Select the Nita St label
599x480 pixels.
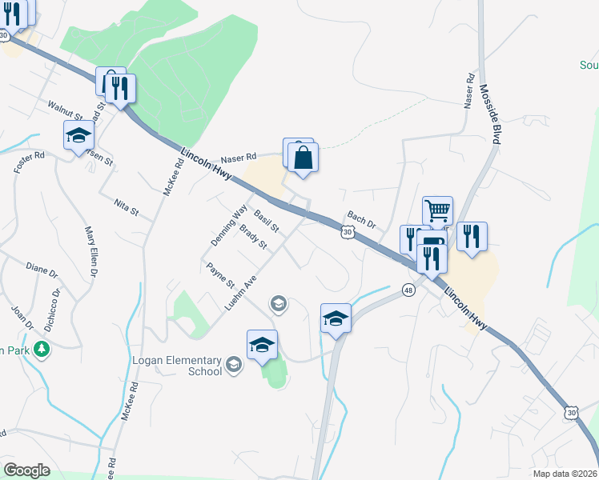click(x=127, y=207)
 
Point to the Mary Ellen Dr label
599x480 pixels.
click(x=90, y=251)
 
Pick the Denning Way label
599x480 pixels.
click(x=228, y=225)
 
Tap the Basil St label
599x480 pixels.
click(x=266, y=222)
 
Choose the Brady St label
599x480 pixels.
click(x=252, y=238)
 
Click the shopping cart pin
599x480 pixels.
click(x=437, y=211)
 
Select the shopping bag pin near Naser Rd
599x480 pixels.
click(x=304, y=158)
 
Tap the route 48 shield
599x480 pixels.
click(x=409, y=289)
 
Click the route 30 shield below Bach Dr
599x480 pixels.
click(x=346, y=232)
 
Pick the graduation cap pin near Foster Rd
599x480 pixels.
click(x=78, y=135)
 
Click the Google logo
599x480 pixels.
click(x=26, y=470)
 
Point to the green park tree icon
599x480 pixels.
click(x=42, y=349)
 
